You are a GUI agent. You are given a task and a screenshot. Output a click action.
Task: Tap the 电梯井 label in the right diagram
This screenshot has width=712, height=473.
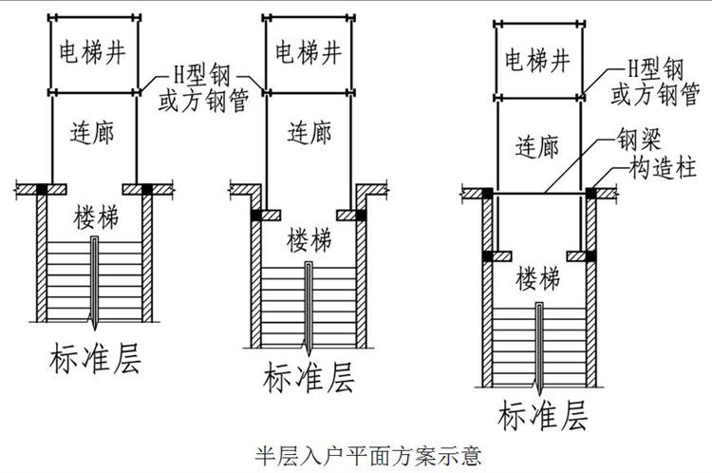click(x=538, y=63)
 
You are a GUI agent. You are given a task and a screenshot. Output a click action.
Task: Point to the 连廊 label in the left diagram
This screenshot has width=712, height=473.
click(x=93, y=131)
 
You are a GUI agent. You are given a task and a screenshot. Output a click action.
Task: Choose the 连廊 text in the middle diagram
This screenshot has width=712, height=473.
click(x=309, y=132)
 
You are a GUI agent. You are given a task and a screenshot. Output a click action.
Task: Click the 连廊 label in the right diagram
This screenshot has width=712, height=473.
click(x=538, y=146)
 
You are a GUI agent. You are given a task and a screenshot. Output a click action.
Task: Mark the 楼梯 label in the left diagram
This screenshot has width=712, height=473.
click(x=93, y=218)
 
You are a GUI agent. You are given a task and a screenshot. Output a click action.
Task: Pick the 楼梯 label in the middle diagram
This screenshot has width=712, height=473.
click(x=309, y=237)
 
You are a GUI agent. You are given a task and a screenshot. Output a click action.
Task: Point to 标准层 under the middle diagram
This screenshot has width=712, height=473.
click(x=308, y=379)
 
